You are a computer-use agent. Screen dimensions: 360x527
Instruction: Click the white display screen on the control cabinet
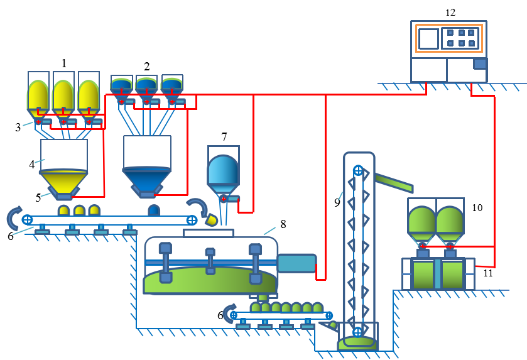428,38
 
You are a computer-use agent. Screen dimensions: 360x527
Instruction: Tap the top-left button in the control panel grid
450,33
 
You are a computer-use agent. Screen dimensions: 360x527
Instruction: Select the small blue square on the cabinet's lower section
480,63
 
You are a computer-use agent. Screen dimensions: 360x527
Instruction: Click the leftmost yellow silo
38,95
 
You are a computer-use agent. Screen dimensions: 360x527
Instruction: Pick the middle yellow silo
63,95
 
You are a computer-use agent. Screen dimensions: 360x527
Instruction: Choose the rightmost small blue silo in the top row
171,85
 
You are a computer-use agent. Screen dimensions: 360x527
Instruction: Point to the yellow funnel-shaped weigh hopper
63,182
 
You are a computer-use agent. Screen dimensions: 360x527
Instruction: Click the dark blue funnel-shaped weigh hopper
147,180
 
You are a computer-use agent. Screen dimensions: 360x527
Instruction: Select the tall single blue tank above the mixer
223,170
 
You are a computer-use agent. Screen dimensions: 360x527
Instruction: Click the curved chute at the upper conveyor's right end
199,207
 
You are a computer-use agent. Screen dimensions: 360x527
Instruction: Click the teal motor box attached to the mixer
296,263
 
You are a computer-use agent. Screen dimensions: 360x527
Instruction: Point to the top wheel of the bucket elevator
358,170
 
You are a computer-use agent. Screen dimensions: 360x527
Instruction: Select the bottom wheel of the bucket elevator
357,332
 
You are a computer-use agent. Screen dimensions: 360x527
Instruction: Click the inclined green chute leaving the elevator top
394,183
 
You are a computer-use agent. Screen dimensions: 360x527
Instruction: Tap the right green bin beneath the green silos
452,274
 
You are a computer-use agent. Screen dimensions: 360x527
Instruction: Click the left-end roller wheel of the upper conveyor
27,219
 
